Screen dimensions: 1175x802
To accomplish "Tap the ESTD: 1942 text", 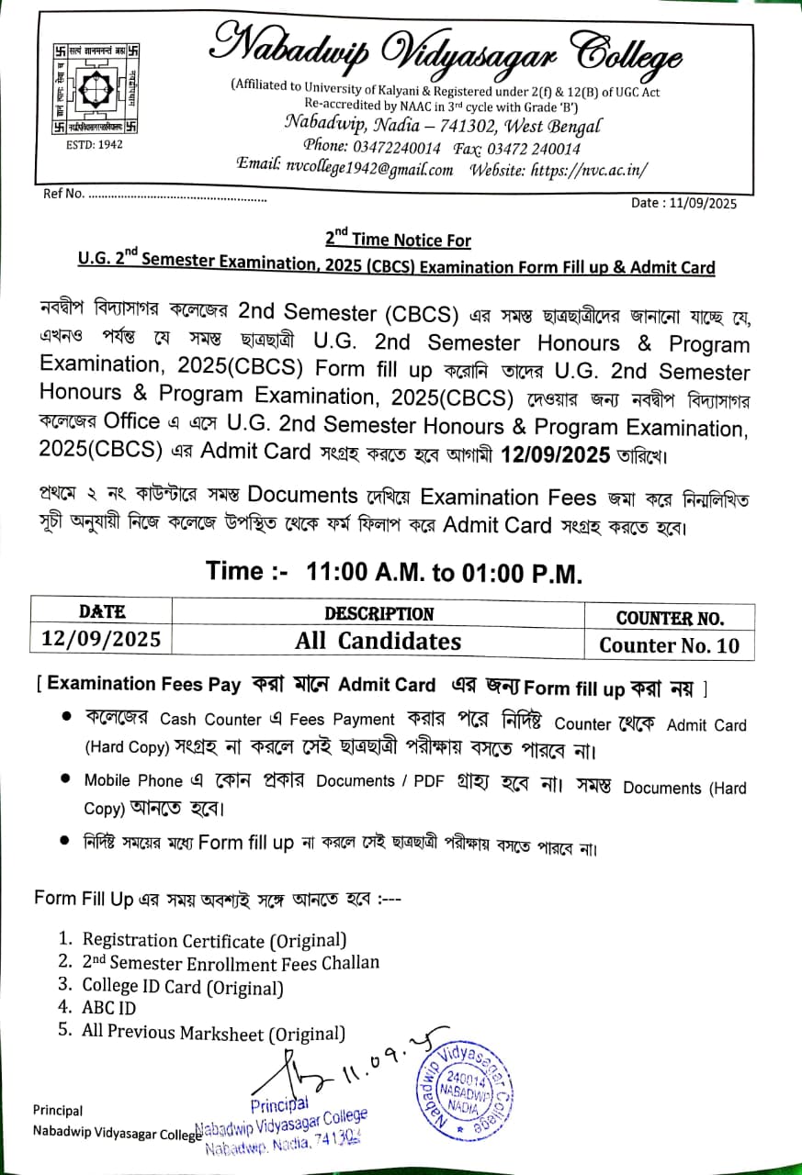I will click(x=96, y=144).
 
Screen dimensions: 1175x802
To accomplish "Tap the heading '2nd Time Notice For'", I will click(x=399, y=241).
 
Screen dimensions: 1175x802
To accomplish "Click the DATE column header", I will click(x=102, y=612).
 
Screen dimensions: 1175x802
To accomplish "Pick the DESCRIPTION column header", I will click(x=378, y=613).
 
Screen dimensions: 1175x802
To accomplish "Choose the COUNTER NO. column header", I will click(x=670, y=618).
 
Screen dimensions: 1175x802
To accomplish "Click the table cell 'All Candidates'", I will click(x=378, y=641).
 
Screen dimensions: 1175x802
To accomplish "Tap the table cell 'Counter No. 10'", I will click(x=669, y=645).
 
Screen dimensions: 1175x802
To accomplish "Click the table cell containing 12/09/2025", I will click(x=101, y=639).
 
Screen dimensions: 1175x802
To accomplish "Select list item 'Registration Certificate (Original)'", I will click(x=214, y=940).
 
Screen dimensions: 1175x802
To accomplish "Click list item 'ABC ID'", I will click(x=108, y=1008).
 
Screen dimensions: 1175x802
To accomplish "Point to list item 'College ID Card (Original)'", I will click(x=182, y=987).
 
